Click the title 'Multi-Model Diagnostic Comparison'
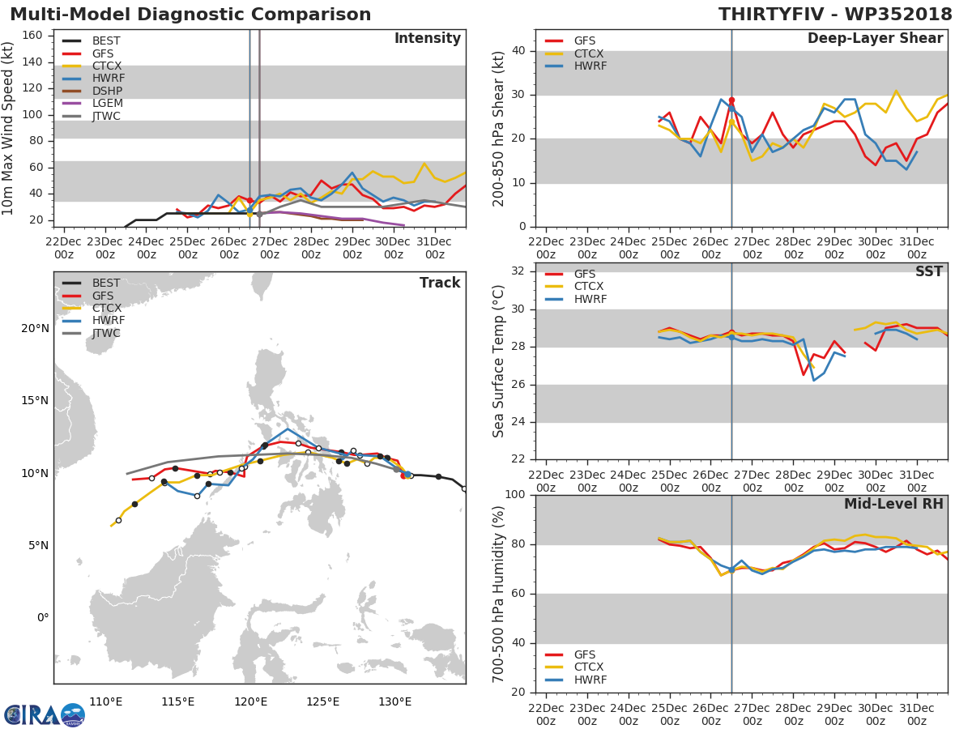pyautogui.click(x=190, y=15)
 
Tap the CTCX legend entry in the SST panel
pyautogui.click(x=589, y=287)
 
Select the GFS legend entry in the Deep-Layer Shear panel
pyautogui.click(x=585, y=41)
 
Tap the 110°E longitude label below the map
pyautogui.click(x=105, y=701)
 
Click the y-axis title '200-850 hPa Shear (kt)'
pyautogui.click(x=499, y=128)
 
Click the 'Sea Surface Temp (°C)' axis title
pyautogui.click(x=499, y=360)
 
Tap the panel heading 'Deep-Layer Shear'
pyautogui.click(x=875, y=39)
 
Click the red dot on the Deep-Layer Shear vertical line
pyautogui.click(x=731, y=100)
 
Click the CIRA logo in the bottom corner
pyautogui.click(x=44, y=714)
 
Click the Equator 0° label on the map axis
pyautogui.click(x=42, y=617)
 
